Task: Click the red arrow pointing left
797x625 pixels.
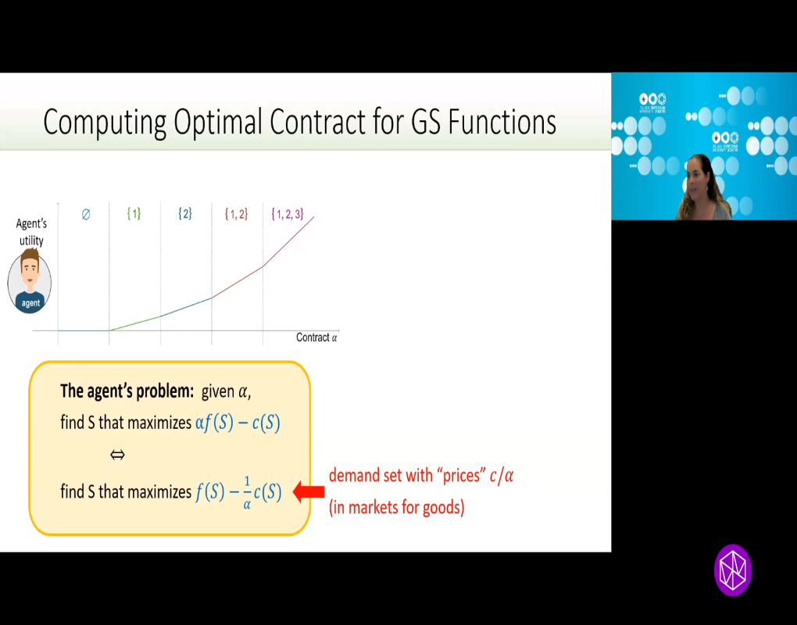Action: click(309, 492)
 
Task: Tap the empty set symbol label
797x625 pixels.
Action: click(86, 213)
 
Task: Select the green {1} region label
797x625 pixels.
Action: click(134, 213)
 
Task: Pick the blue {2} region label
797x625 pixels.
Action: click(185, 213)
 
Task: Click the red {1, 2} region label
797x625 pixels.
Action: click(236, 213)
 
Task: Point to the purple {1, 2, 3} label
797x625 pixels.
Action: click(287, 213)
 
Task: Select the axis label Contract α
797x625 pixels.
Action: click(316, 337)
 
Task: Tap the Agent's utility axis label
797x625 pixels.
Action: click(31, 232)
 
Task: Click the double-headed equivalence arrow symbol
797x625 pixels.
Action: click(117, 455)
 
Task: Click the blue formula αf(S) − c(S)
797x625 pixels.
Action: click(237, 423)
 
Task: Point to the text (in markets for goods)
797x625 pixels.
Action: click(396, 508)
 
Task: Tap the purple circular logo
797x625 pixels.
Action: click(732, 570)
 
